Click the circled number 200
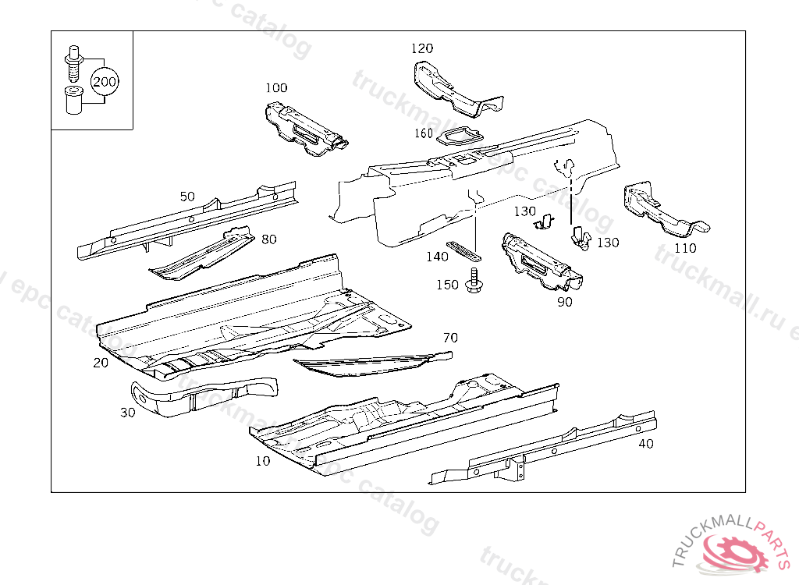point(105,81)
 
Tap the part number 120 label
point(422,49)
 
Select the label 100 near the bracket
point(276,88)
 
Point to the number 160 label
point(423,133)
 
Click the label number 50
point(187,197)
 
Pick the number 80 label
point(268,239)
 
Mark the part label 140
point(437,257)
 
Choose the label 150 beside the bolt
point(447,285)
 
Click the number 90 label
point(564,302)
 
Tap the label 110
point(684,249)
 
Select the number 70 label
point(450,338)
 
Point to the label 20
point(101,363)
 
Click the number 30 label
point(128,412)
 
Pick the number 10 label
point(263,461)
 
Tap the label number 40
point(646,444)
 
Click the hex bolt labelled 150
point(473,282)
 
